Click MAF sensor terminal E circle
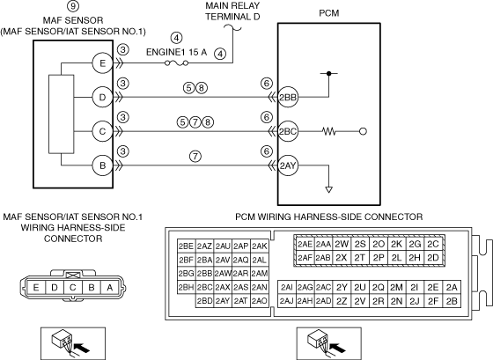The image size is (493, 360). point(102,63)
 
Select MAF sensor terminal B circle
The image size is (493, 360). point(102,165)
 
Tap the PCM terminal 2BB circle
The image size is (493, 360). point(288,97)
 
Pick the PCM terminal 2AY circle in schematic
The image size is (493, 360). point(288,165)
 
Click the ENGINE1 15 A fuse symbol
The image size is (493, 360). point(177,63)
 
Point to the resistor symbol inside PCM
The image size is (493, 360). point(329,131)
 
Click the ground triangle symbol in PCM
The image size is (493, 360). point(329,189)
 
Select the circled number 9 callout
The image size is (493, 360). point(73,5)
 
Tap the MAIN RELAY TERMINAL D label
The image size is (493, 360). point(232,11)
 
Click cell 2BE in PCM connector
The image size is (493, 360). point(186,246)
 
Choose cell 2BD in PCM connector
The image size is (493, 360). point(204,301)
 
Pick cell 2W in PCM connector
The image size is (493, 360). point(342,244)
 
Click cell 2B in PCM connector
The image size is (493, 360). point(452,301)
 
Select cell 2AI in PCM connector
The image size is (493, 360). point(287,287)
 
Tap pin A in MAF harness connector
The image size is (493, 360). point(110,287)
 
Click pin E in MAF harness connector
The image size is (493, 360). point(36,287)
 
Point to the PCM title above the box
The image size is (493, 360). point(329,13)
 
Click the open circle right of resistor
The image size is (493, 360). point(363,131)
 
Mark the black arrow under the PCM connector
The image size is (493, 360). point(338,348)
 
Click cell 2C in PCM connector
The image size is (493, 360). point(433,244)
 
